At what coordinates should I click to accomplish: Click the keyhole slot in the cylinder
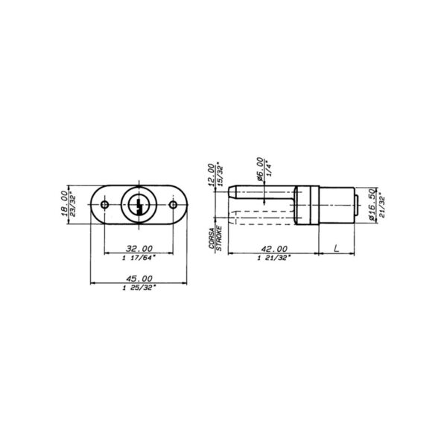pyautogui.click(x=139, y=205)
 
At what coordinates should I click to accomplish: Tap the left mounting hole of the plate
pyautogui.click(x=105, y=205)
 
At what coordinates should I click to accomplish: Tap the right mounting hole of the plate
pyautogui.click(x=173, y=205)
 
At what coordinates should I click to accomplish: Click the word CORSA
pyautogui.click(x=211, y=238)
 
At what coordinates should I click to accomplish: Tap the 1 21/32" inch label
pyautogui.click(x=271, y=258)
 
